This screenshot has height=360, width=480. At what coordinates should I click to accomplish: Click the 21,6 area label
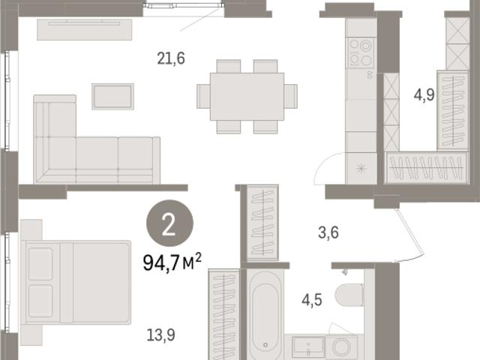tap(171, 58)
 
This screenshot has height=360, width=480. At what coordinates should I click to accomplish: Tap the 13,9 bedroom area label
tap(161, 335)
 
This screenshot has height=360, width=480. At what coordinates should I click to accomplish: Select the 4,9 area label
tap(424, 94)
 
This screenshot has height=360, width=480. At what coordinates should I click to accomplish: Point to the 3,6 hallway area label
tap(328, 232)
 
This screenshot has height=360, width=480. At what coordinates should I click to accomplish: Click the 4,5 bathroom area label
tap(312, 300)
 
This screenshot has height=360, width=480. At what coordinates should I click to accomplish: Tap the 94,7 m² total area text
tap(172, 262)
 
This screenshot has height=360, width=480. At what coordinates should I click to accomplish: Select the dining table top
tap(247, 97)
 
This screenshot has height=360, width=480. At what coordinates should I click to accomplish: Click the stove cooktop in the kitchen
tap(361, 52)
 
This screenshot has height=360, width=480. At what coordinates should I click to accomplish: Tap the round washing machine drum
tap(341, 347)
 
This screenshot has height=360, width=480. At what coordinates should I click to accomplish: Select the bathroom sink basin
tap(308, 347)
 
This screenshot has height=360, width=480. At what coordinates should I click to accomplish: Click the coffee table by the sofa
tap(113, 97)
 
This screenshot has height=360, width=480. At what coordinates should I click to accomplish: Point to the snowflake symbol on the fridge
tap(361, 169)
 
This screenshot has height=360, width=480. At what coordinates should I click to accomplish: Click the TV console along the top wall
tap(85, 29)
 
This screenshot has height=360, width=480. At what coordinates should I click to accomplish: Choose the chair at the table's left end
tap(203, 96)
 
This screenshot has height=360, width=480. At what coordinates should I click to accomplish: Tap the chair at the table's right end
tap(290, 96)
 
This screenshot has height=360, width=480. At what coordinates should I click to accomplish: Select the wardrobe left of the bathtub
tap(224, 314)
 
